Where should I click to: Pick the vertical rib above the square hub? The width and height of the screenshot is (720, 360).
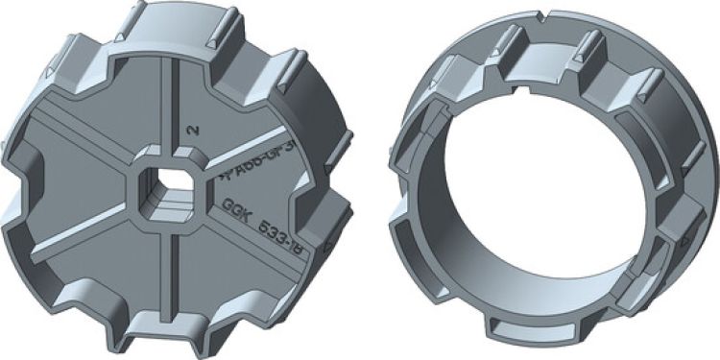[x=170, y=106]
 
